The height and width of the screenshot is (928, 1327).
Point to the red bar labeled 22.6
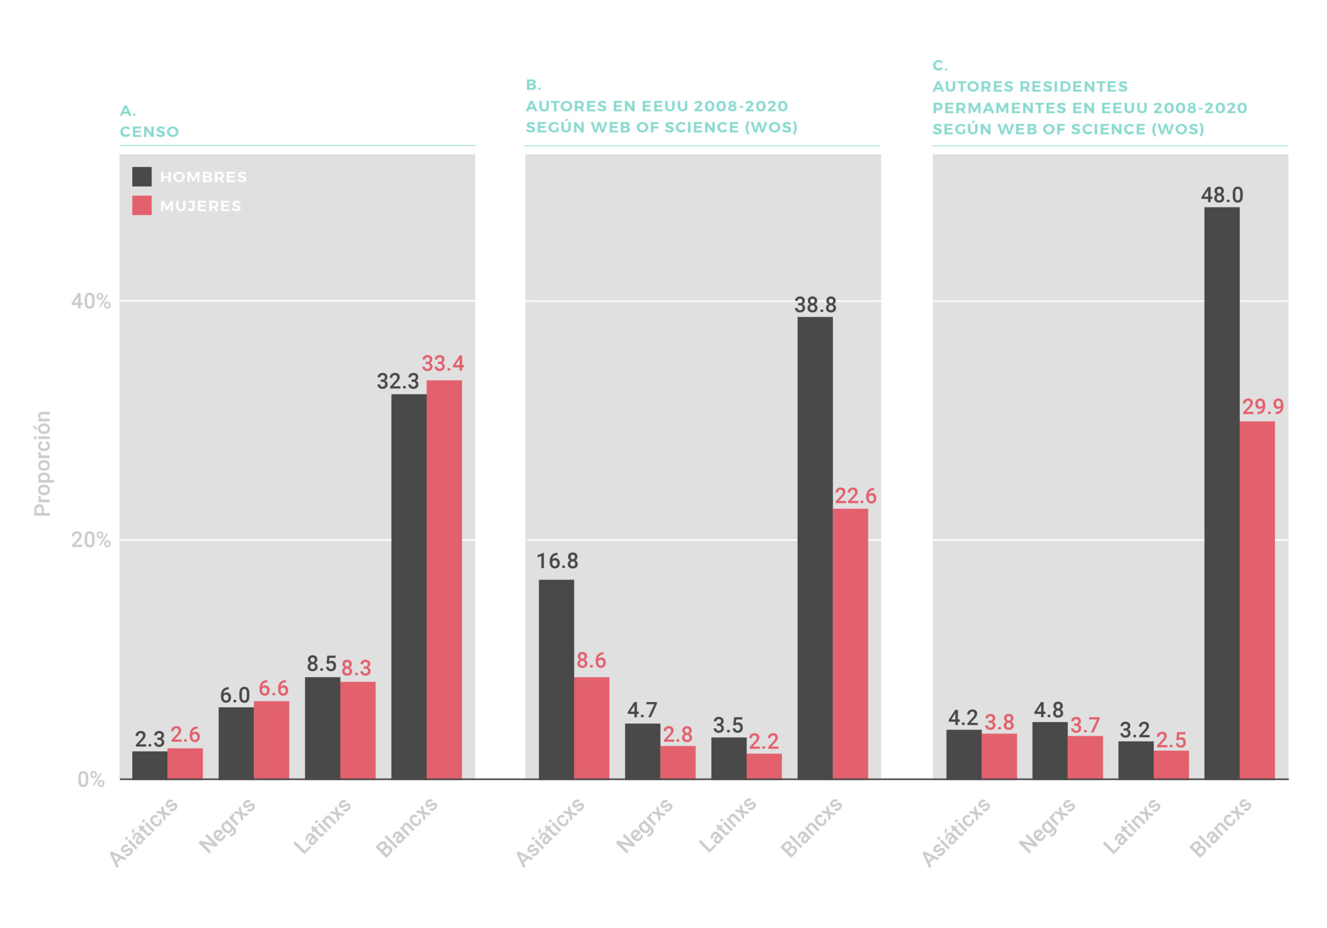pyautogui.click(x=850, y=643)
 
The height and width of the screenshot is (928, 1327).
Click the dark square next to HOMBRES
pyautogui.click(x=142, y=176)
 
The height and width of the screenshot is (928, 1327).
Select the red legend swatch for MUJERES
pyautogui.click(x=142, y=205)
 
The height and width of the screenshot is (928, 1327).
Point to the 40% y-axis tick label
pyautogui.click(x=91, y=301)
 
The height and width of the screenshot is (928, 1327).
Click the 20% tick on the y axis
pyautogui.click(x=91, y=540)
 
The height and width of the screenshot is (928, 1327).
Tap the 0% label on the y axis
pyautogui.click(x=91, y=779)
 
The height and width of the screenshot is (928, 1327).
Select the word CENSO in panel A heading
pyautogui.click(x=149, y=132)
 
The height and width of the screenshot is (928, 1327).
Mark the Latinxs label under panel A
pyautogui.click(x=322, y=826)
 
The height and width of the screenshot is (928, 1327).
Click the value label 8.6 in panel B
pyautogui.click(x=591, y=660)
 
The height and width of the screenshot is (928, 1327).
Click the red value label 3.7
pyautogui.click(x=1085, y=725)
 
